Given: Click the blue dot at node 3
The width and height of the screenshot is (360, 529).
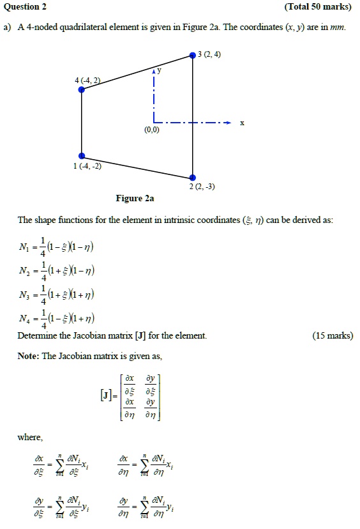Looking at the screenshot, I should (193, 56).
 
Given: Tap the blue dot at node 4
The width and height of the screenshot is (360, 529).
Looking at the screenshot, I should (82, 90).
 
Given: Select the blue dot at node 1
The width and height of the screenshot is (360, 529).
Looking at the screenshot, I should (82, 156).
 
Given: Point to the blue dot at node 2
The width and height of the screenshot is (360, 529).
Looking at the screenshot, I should (193, 178).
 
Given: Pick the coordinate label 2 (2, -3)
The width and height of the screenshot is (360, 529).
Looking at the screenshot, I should (201, 187).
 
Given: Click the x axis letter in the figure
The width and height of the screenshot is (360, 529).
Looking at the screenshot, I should (241, 123).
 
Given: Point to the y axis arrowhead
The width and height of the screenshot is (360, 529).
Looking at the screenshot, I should (153, 73).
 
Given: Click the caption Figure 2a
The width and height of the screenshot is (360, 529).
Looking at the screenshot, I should (135, 199).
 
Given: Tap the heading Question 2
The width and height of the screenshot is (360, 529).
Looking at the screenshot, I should (25, 7).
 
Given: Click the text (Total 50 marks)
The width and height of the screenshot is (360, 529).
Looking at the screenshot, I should (319, 7).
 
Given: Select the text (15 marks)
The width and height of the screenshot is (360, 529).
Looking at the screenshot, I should (333, 336).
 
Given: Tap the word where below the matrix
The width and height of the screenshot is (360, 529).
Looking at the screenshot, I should (30, 438).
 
